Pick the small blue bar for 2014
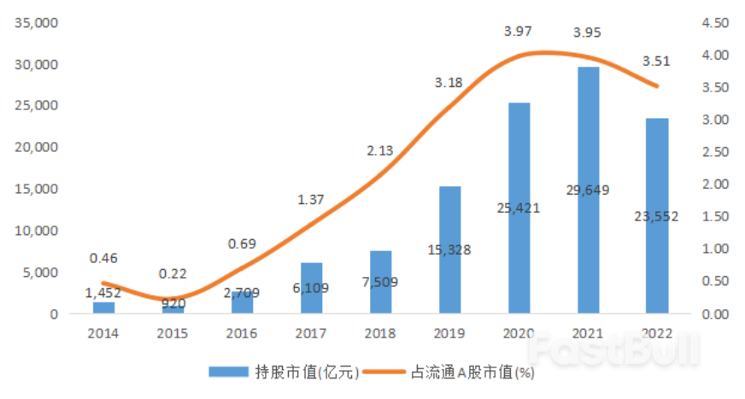pos(104,308)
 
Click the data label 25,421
pos(519,207)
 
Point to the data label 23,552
pos(656,216)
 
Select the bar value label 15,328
pos(449,249)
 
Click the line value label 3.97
pos(518,32)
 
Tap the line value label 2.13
pos(379,151)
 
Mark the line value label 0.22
pos(173,273)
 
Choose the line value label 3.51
pos(656,61)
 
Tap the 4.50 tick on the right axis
pos(713,23)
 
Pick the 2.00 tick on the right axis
pos(713,185)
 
